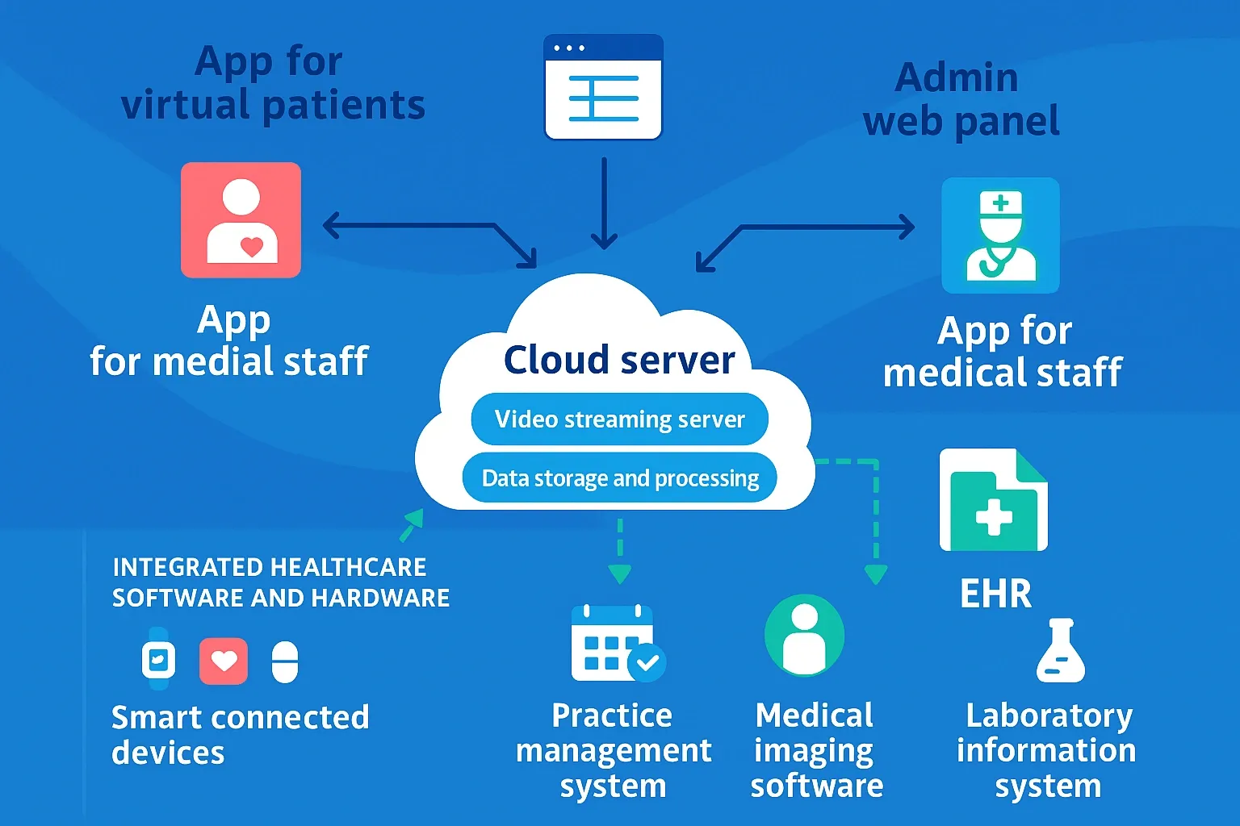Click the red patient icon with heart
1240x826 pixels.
tap(241, 220)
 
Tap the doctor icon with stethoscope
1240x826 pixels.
tap(1000, 236)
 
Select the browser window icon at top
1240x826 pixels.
tap(603, 87)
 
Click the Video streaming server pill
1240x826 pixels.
tap(619, 419)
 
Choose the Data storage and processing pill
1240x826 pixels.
tap(619, 478)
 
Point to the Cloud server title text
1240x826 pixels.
tap(619, 360)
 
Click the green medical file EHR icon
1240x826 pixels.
tap(994, 500)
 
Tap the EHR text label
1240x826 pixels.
tap(995, 594)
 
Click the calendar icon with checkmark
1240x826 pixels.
tap(617, 643)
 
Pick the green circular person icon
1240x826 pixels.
tap(804, 636)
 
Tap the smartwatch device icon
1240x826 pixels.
tap(158, 659)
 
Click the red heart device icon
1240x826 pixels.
tap(224, 661)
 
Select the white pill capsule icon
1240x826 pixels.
tap(285, 662)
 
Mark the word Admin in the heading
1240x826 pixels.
tap(957, 78)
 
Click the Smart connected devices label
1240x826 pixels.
tap(240, 734)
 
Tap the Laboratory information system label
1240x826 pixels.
tap(1046, 750)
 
